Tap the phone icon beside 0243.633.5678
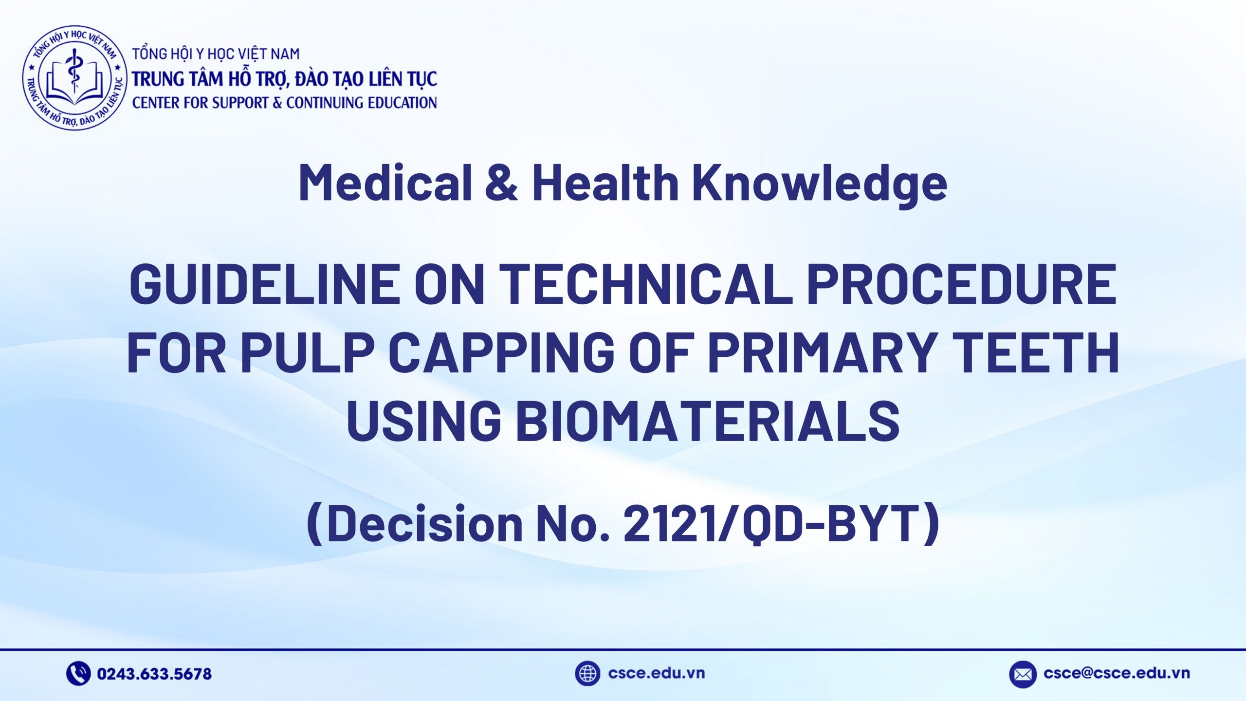(x=78, y=674)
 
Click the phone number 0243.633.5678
(x=154, y=674)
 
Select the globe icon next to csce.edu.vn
(x=587, y=674)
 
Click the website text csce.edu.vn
(x=657, y=673)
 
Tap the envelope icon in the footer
(x=1023, y=674)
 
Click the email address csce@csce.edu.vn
(x=1117, y=673)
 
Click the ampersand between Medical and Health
(x=502, y=183)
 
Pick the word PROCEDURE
(x=961, y=284)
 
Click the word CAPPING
(x=501, y=351)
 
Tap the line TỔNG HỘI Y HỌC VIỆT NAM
(x=216, y=54)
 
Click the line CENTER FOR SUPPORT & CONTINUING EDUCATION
(x=284, y=103)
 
